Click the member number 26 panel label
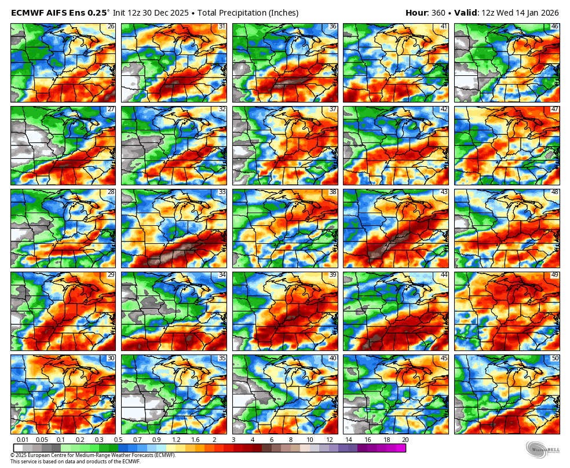coord(111,27)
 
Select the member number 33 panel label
coord(222,192)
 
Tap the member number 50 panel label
coord(555,358)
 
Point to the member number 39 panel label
coord(332,275)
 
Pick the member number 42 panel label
coord(444,109)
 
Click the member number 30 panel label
coord(111,358)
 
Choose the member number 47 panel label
coord(555,109)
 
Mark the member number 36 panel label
coord(332,27)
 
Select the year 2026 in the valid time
coord(548,13)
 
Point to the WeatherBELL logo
coord(543,449)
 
